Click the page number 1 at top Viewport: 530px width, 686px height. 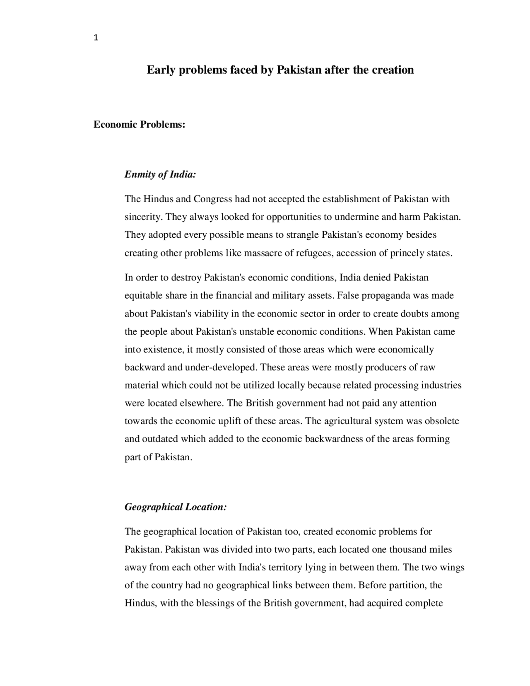(96, 39)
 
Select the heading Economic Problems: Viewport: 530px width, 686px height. (139, 125)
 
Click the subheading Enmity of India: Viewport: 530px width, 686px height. (160, 174)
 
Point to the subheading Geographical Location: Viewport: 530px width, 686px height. (176, 507)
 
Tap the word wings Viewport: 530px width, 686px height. (453, 568)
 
